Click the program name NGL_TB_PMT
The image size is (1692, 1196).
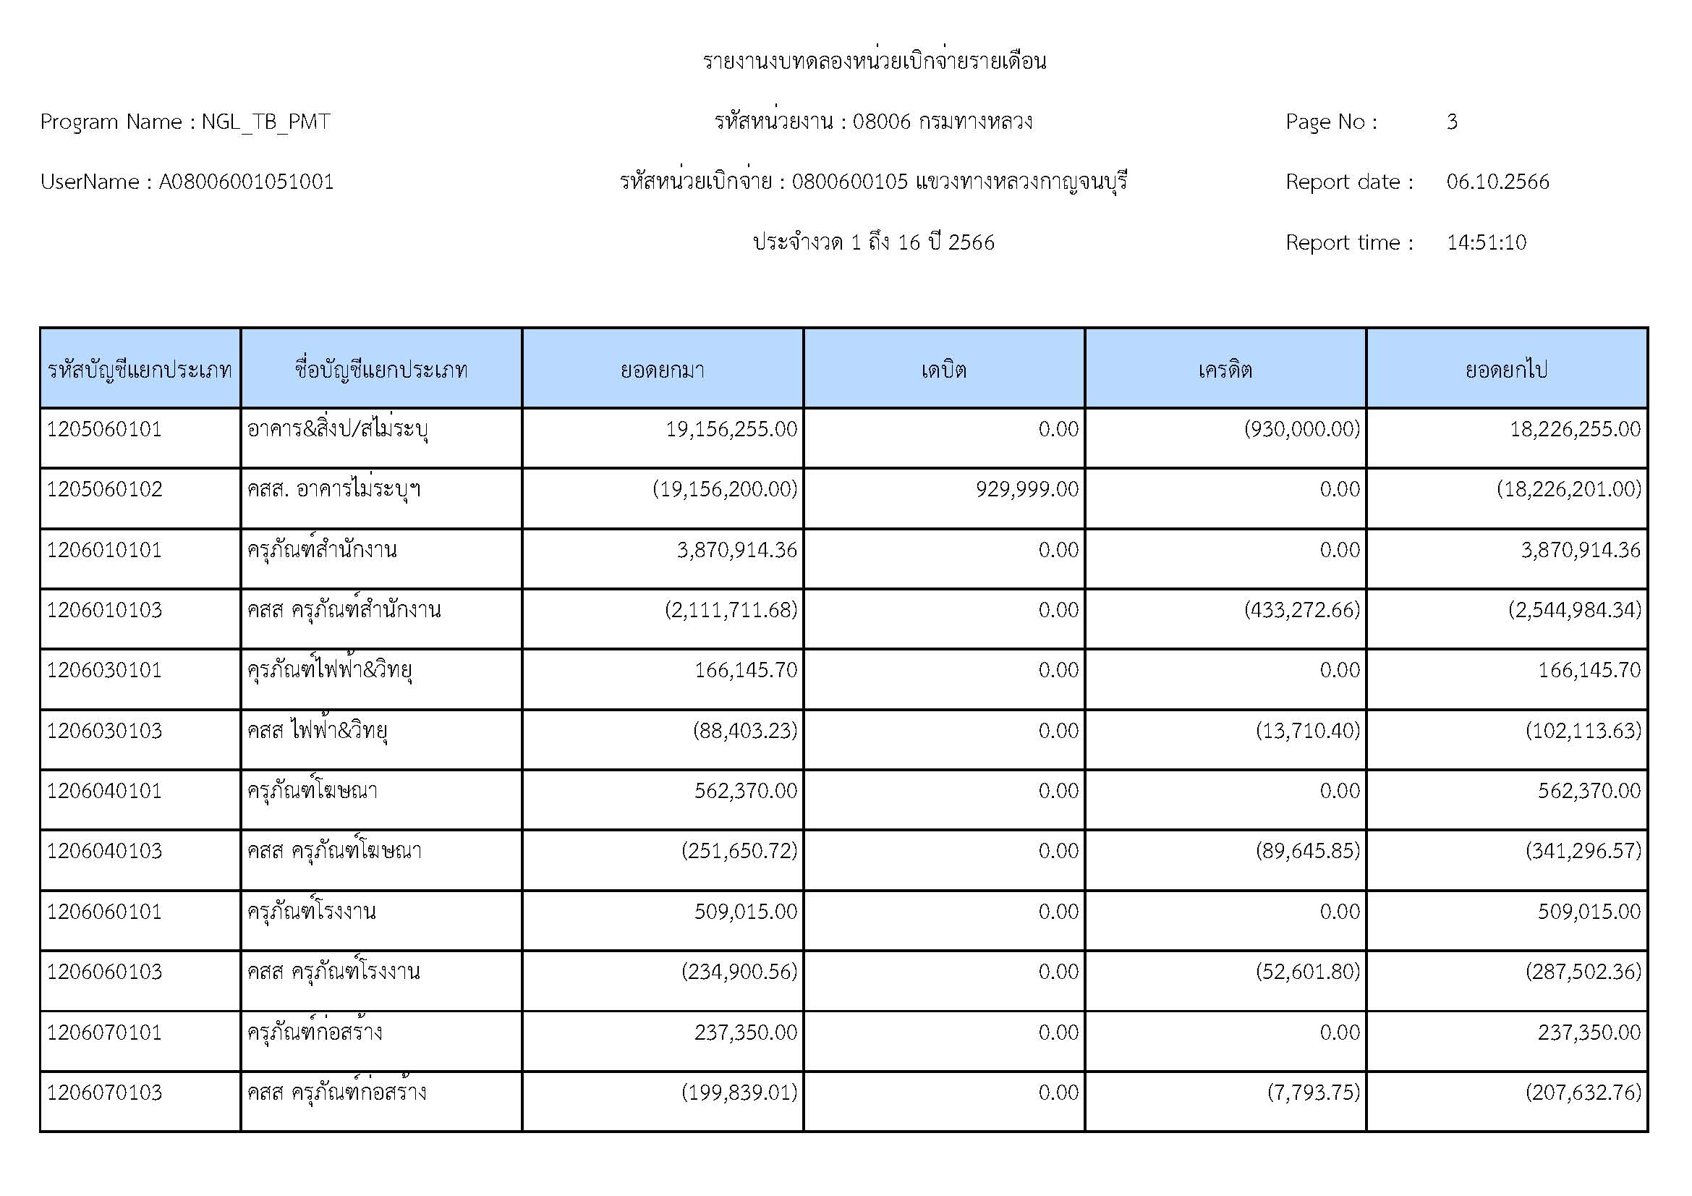[265, 122]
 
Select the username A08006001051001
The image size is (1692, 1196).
[246, 182]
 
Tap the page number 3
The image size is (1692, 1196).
[1451, 122]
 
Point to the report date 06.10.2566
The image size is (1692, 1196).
[1497, 182]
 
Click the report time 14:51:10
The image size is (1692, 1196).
[1486, 242]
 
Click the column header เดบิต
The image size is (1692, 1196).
[943, 369]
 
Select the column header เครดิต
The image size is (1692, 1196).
[1225, 369]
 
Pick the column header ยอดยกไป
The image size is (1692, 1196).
[1506, 369]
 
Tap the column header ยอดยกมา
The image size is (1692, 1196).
[662, 369]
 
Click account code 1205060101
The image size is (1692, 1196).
[104, 430]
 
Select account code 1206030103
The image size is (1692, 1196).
[104, 731]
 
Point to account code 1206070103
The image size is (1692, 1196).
[104, 1093]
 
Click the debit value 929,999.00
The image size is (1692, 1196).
[1026, 489]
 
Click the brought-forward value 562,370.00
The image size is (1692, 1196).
[745, 792]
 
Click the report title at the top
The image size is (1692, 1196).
[874, 62]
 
